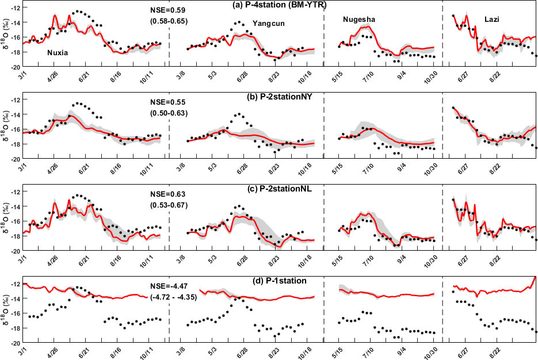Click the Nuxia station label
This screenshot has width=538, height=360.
point(57,53)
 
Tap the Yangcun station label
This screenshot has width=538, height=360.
point(269,24)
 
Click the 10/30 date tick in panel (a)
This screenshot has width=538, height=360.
point(431,75)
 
